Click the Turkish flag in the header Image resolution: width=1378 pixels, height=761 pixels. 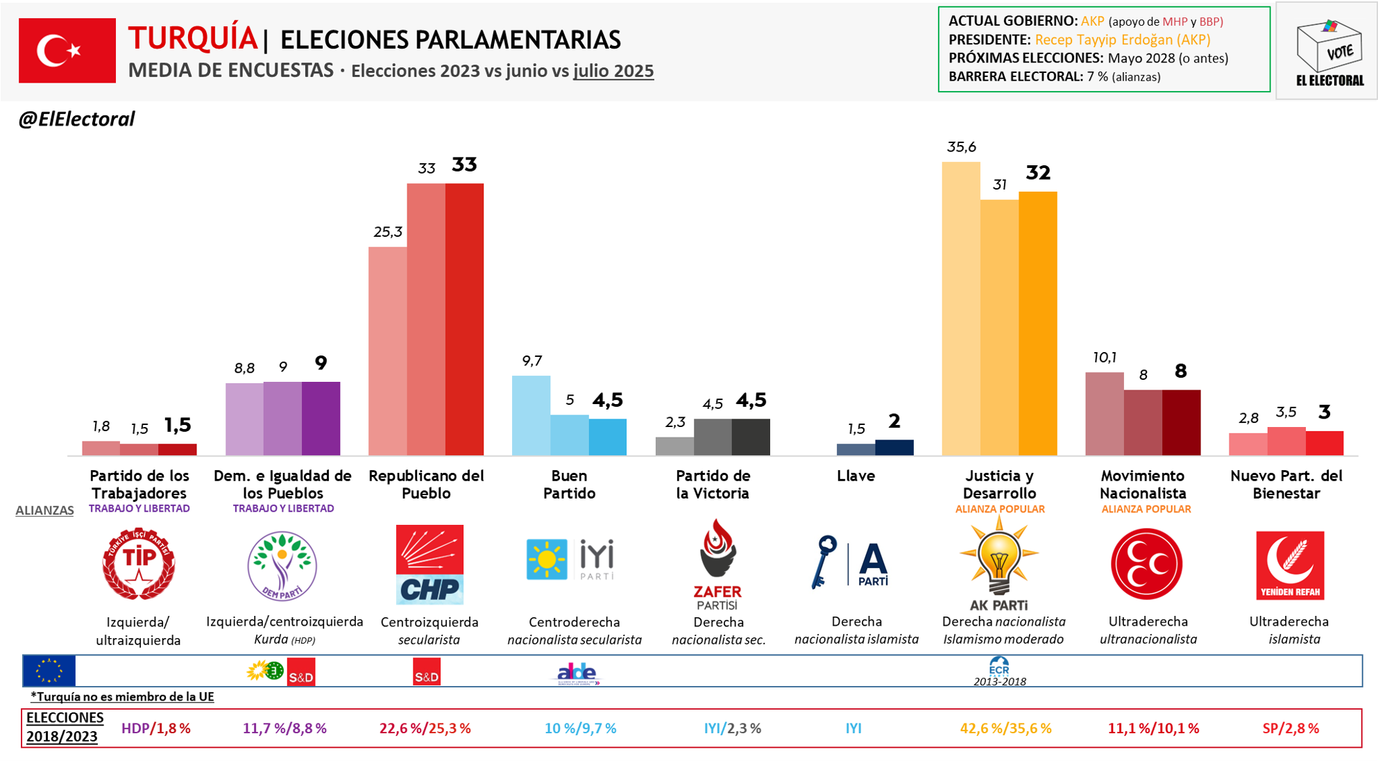(67, 51)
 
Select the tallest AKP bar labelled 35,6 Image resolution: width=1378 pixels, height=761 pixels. (960, 309)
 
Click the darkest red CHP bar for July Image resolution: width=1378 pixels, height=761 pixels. (464, 319)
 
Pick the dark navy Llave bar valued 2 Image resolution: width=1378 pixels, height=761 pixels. (894, 448)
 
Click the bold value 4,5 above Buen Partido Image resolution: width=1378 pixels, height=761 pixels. (607, 401)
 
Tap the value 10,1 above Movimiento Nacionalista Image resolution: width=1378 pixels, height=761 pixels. (1104, 358)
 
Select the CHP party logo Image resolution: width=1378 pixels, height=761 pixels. (429, 564)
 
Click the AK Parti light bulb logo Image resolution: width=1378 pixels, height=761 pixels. (998, 559)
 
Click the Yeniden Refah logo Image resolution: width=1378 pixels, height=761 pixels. (1289, 565)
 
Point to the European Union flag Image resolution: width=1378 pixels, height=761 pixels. (49, 671)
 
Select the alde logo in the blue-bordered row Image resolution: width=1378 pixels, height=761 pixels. (578, 673)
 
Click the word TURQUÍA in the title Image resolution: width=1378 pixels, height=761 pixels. (192, 38)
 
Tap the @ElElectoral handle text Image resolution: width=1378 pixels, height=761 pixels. (76, 119)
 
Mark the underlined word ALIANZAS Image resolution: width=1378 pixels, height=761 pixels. (44, 510)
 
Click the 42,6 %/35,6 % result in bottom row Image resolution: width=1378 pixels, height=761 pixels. (1005, 728)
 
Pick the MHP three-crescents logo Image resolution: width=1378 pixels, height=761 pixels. (1146, 564)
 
